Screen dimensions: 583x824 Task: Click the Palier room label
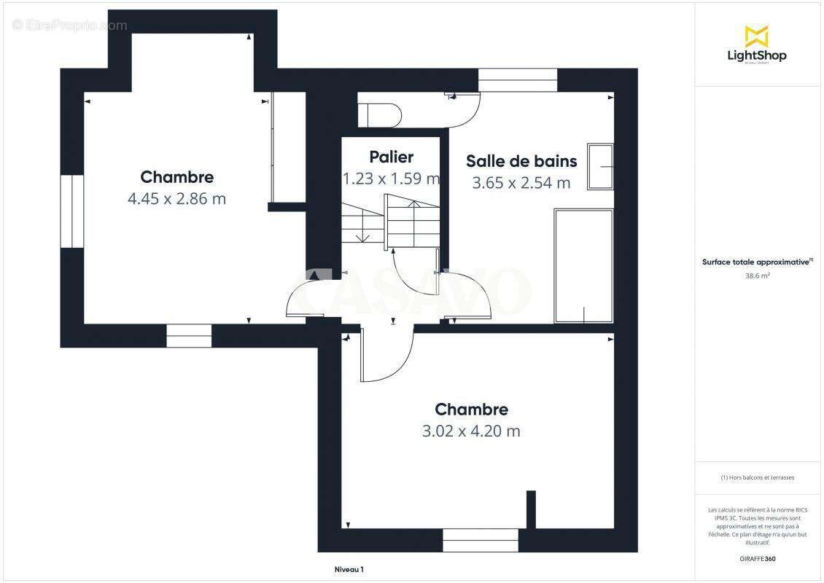pos(391,157)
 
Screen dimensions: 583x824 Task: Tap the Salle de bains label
pos(521,161)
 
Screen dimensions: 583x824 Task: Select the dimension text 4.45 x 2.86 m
pos(176,198)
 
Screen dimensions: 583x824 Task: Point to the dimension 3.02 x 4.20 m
pos(471,431)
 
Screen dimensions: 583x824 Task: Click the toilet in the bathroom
pos(380,115)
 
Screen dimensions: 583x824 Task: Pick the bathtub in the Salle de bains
pos(583,266)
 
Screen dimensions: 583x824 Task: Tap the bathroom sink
pos(600,168)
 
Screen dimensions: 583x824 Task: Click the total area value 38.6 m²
pos(757,275)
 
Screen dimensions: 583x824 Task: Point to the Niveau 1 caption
pos(349,569)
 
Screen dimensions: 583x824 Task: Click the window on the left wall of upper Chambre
pos(72,211)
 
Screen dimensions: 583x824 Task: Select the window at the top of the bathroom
pos(518,80)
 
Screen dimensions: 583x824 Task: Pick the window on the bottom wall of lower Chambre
pos(481,540)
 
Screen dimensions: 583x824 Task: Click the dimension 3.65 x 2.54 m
pos(521,183)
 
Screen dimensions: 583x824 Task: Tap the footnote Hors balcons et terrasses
pos(757,477)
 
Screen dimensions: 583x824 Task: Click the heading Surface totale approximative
pos(757,262)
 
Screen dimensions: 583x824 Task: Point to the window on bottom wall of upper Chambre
pos(189,335)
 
